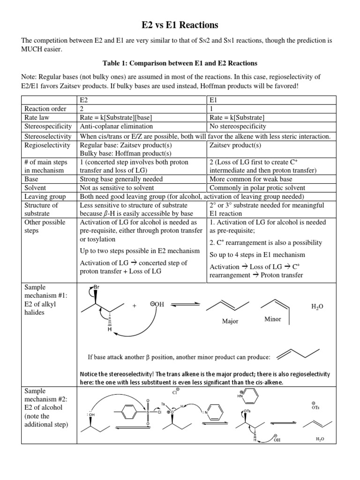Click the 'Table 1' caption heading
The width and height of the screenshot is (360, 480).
point(180,63)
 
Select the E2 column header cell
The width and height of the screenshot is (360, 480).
point(84,100)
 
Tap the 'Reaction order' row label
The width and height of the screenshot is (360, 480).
point(44,109)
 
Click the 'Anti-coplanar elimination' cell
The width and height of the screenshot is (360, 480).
point(117,127)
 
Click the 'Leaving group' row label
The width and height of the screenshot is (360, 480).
point(45,196)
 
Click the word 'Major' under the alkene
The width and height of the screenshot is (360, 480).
point(230,322)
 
